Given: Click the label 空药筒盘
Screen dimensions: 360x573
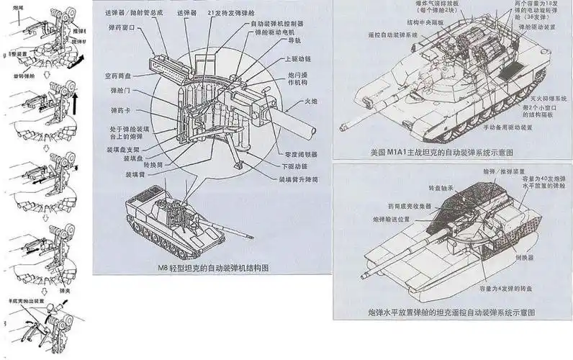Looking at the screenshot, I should point(118,75).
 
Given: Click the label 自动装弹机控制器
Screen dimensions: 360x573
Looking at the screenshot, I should point(285,23).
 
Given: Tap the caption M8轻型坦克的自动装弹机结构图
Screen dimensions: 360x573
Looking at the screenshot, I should point(213,268).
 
